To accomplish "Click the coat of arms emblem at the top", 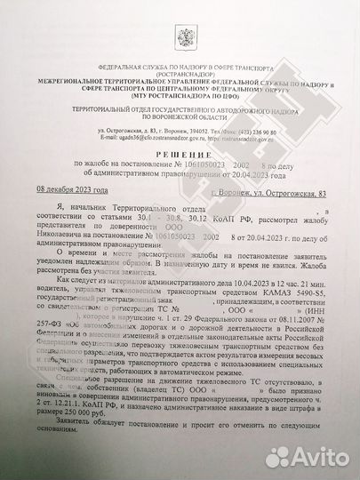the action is pyautogui.click(x=187, y=38).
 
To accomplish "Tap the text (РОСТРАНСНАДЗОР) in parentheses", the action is pyautogui.click(x=187, y=74).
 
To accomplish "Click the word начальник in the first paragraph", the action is pyautogui.click(x=94, y=210).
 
